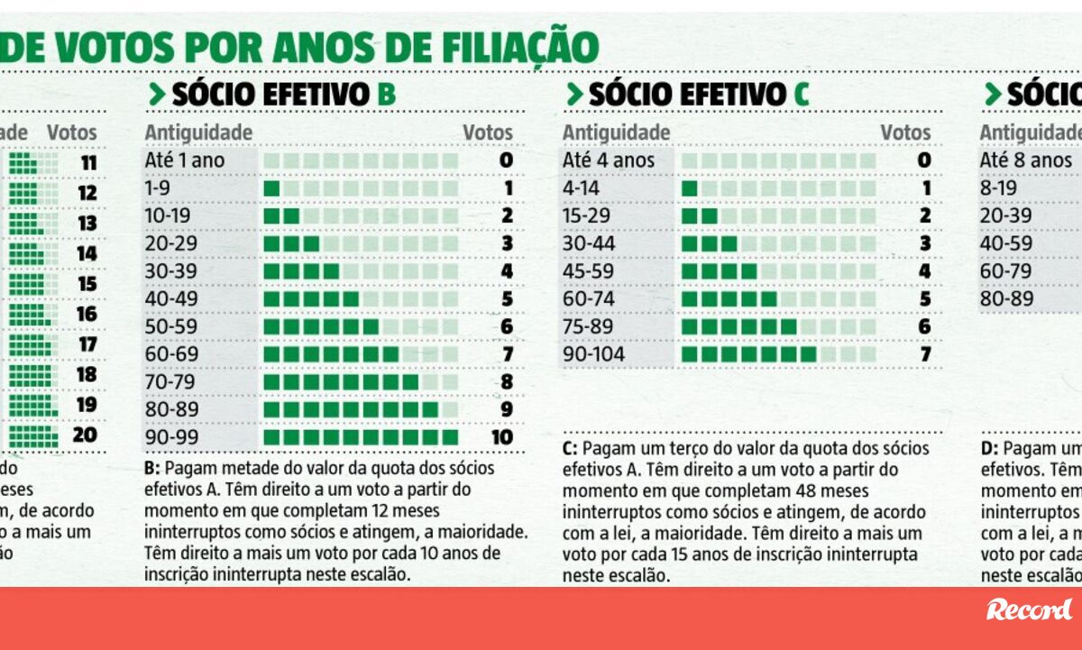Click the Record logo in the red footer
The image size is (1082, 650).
click(x=1029, y=610)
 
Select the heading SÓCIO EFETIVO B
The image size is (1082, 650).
click(x=271, y=94)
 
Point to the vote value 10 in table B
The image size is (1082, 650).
click(x=502, y=438)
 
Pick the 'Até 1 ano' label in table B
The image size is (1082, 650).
click(x=185, y=160)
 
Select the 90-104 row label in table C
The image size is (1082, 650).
click(x=593, y=354)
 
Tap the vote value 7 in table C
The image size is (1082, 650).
click(x=925, y=354)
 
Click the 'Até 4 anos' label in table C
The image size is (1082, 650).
click(x=609, y=160)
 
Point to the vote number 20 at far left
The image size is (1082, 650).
click(x=85, y=435)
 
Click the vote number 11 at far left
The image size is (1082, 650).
click(x=87, y=164)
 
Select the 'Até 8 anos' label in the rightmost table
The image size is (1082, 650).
click(x=1026, y=160)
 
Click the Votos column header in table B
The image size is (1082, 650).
click(x=488, y=133)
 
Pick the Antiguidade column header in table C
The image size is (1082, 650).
click(x=617, y=133)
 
